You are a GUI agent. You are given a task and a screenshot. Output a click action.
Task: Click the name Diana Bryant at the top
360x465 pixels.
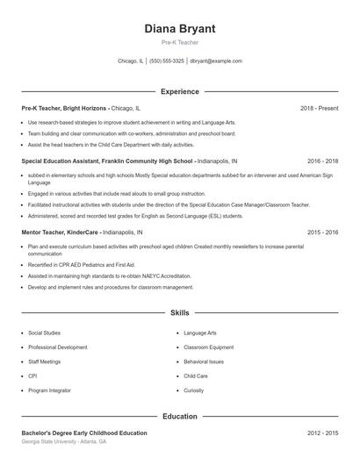click(x=179, y=28)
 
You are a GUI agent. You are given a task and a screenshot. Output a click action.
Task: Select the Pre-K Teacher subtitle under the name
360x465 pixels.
click(x=179, y=42)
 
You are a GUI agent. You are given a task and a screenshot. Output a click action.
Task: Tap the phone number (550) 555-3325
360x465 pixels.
click(x=167, y=61)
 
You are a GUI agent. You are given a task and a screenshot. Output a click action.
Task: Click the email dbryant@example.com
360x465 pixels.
click(x=216, y=61)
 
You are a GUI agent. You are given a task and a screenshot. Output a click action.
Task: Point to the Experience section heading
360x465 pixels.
click(x=179, y=91)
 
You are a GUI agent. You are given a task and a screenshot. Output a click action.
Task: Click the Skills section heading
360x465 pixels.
click(x=179, y=312)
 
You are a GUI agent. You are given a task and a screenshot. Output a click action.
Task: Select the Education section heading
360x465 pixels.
click(x=179, y=416)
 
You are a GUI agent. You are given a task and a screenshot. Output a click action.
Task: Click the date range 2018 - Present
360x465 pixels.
click(x=319, y=108)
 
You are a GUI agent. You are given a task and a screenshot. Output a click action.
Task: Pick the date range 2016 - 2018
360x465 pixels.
click(x=323, y=161)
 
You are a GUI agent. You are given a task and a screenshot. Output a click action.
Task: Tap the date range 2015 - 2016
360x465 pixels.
click(x=323, y=232)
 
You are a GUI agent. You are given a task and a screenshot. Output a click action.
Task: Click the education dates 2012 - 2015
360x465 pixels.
click(x=323, y=433)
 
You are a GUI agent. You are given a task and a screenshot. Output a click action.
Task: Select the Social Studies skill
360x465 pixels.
click(x=45, y=333)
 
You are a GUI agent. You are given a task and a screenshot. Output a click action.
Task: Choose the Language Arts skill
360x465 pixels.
click(x=200, y=333)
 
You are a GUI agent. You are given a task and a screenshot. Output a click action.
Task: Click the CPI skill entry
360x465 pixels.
click(x=33, y=376)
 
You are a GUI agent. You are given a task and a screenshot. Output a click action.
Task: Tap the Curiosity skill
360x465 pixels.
click(x=194, y=390)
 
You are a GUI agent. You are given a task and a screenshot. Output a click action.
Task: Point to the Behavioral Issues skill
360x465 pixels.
click(x=205, y=361)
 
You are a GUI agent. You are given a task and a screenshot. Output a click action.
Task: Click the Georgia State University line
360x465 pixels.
click(x=65, y=442)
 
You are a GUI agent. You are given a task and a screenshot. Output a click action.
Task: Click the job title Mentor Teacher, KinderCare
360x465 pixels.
click(x=61, y=232)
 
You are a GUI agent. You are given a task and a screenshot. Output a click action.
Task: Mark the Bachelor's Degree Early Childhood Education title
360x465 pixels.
click(x=84, y=433)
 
